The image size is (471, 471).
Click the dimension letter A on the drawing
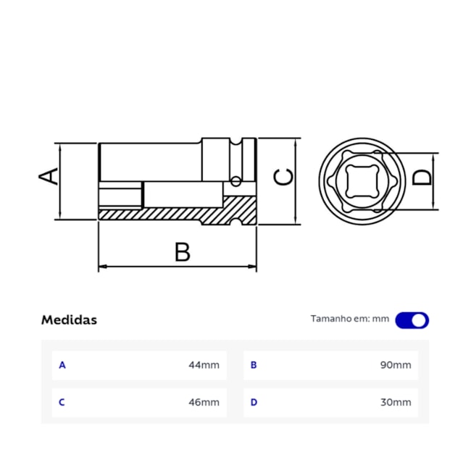[x=49, y=175]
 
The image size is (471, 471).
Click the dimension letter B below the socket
[x=182, y=252]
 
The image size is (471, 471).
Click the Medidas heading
[x=69, y=320]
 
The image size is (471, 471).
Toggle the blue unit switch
[x=412, y=320]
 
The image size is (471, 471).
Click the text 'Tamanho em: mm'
[x=350, y=319]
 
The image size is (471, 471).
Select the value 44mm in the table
[x=204, y=365]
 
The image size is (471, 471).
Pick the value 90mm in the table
[x=396, y=365]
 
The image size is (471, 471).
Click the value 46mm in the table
[x=204, y=402]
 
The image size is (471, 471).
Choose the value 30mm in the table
[x=396, y=402]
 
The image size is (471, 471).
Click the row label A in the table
[x=62, y=365]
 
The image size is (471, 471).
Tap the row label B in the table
[x=254, y=365]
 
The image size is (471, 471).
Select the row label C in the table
[x=62, y=402]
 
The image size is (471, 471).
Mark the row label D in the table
[x=254, y=402]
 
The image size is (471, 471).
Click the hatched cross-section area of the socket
[x=174, y=214]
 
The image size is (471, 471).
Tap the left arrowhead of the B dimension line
[x=102, y=267]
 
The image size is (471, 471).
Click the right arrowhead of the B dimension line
[x=253, y=267]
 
